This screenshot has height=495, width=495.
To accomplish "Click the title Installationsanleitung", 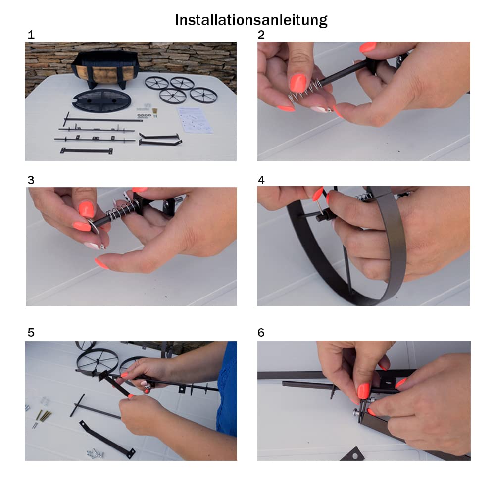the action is coord(251,20).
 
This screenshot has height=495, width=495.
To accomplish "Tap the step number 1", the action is coord(31,35).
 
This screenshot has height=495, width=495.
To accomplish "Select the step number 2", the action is coord(261,35).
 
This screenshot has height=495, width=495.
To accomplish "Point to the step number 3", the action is coord(31,180).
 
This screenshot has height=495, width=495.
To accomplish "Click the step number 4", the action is coord(261,180).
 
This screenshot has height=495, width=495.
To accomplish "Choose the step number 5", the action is coord(31,333).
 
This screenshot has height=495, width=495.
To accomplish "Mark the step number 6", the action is coord(261,333).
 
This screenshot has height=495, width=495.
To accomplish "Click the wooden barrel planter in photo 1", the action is coord(102,69).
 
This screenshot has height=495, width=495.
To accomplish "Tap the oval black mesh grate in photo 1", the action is coord(101,100).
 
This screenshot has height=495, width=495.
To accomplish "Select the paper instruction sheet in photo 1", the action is coord(195,120).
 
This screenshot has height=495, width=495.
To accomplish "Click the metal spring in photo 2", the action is coord(304,91).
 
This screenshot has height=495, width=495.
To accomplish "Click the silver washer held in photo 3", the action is coord(93,227).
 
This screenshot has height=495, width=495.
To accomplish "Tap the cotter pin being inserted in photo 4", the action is coord(321,202).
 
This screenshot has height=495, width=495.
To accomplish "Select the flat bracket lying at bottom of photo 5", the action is coord(107,439).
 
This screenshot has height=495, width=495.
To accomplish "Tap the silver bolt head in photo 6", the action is coord(357,412).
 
